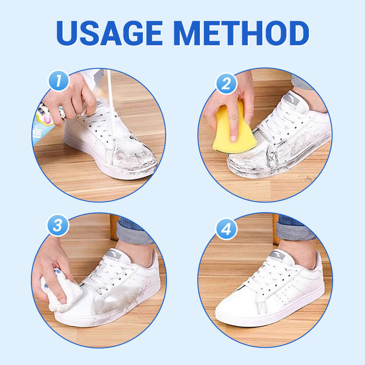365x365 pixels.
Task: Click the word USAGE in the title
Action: [109, 33]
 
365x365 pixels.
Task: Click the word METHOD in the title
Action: [241, 33]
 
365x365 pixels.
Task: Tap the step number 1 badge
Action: [59, 81]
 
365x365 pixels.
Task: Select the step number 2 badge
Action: [226, 83]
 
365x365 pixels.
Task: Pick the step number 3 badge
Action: [58, 225]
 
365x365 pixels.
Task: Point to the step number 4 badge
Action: [226, 229]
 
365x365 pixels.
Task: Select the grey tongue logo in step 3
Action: [114, 254]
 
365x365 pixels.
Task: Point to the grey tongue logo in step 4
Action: [277, 255]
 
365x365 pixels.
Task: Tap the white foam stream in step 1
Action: [111, 102]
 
